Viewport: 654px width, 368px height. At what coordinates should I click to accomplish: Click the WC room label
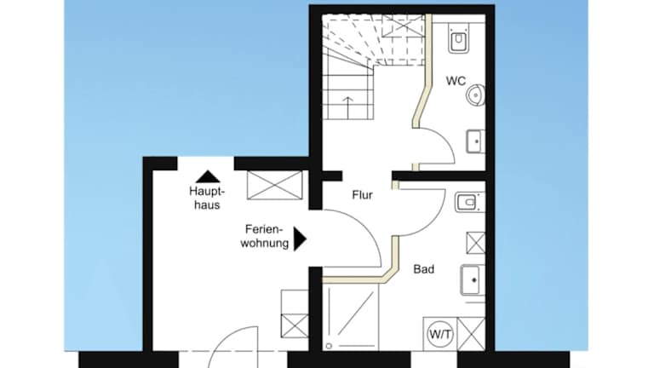coord(456,81)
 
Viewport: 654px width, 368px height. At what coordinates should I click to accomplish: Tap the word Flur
coord(362,195)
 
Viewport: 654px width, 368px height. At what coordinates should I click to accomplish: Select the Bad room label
coord(424,269)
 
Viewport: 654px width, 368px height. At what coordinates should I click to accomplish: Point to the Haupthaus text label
coord(207,198)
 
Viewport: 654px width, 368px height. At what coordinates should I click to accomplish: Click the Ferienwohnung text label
coord(265,236)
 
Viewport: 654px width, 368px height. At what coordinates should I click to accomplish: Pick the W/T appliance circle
coord(440,334)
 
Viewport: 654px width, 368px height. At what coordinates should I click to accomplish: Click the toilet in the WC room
coord(458,38)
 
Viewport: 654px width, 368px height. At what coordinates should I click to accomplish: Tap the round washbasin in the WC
coord(475,95)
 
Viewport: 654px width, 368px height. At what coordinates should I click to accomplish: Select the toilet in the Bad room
coord(469,203)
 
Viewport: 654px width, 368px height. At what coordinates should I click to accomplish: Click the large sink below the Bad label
coord(473,280)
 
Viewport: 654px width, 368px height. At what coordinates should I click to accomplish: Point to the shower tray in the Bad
coord(350,317)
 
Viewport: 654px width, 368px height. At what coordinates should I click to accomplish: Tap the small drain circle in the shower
coord(329,346)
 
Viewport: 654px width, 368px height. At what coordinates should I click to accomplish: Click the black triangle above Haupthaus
coord(208,177)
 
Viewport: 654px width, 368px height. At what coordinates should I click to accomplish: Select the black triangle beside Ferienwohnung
coord(300,239)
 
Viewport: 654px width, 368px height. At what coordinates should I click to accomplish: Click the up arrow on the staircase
coord(347,107)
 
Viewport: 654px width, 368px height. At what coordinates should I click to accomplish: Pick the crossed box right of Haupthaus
coord(275,185)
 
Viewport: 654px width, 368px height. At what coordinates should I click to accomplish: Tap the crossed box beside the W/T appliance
coord(471,334)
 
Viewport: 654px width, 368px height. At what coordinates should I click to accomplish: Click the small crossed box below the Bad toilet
coord(475,243)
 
